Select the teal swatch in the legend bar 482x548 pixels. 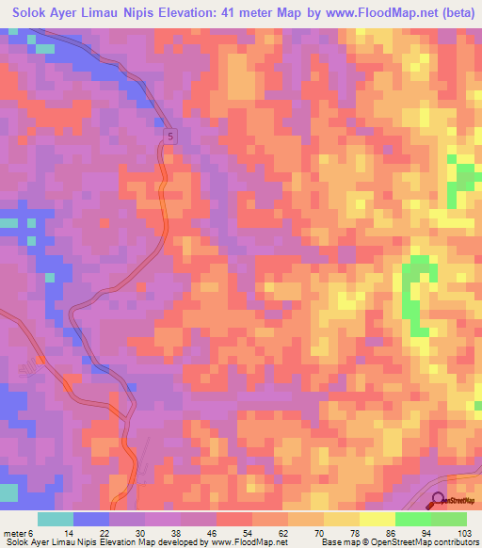(x=56, y=519)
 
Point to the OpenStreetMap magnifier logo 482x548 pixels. (x=439, y=501)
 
